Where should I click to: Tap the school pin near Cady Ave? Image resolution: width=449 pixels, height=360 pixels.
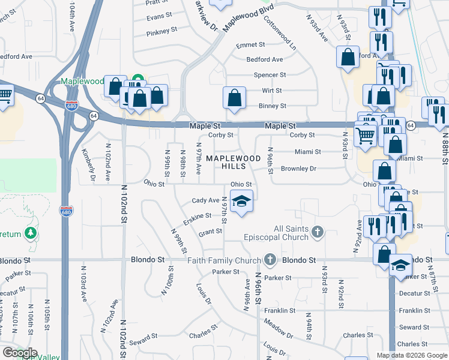pos(241,201)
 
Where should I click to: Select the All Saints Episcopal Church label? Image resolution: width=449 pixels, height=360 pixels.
pos(291,233)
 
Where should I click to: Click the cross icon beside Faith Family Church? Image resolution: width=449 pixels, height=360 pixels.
pos(270,260)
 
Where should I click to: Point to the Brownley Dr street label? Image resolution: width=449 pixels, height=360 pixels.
pos(298,169)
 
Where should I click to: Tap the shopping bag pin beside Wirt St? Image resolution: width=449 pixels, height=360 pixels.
pos(235,98)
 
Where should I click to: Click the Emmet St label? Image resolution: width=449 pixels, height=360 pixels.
pos(250,45)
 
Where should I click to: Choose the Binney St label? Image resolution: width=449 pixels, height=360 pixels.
pos(272,106)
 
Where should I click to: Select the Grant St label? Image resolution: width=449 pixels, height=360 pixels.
pos(210,232)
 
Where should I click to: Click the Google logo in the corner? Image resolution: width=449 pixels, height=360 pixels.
pos(20,353)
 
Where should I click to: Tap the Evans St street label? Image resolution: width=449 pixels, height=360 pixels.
pos(159,17)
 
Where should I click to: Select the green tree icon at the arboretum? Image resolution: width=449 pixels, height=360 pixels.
pos(31,232)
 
